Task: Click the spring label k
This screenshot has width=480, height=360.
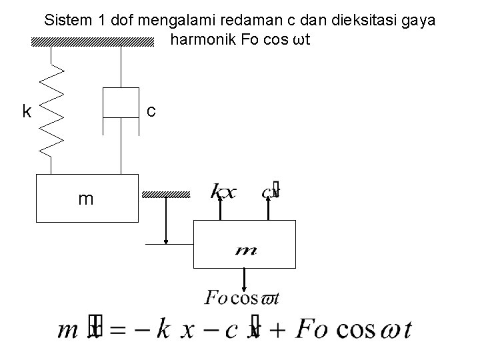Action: tap(27, 111)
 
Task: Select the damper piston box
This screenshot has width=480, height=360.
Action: tap(120, 102)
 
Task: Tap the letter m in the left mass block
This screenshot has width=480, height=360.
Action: tap(85, 199)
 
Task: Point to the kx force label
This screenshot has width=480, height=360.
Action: tap(223, 193)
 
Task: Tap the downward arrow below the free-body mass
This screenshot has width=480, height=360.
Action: tap(245, 279)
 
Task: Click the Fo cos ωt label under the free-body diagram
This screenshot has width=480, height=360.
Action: tap(241, 298)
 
